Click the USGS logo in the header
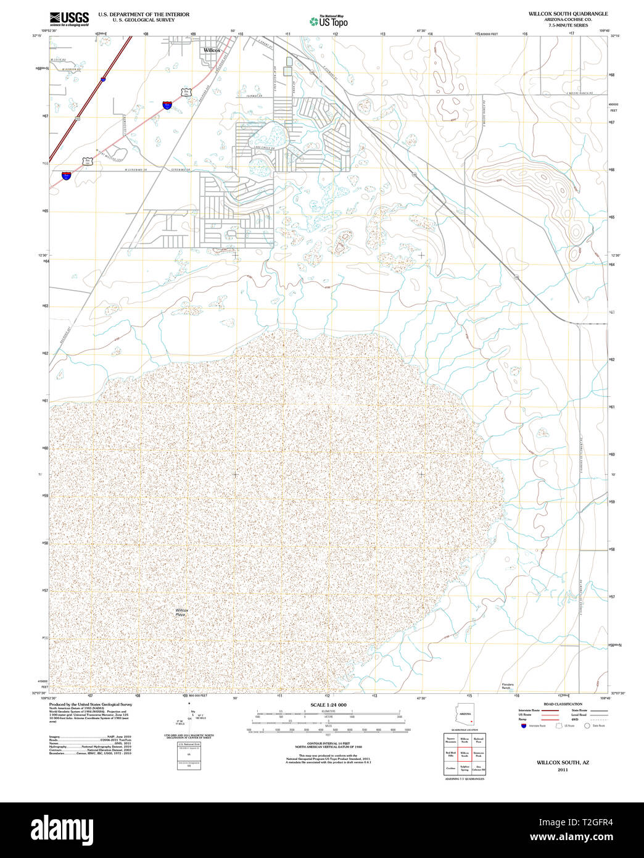point(69,19)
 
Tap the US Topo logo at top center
point(329,21)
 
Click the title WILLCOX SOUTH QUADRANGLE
point(568,14)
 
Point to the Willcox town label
point(212,50)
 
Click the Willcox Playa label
point(181,612)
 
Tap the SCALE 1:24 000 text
point(329,705)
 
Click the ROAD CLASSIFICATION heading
point(562,704)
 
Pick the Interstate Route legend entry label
point(529,710)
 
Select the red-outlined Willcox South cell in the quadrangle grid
point(464,754)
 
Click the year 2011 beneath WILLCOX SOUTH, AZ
point(562,770)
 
